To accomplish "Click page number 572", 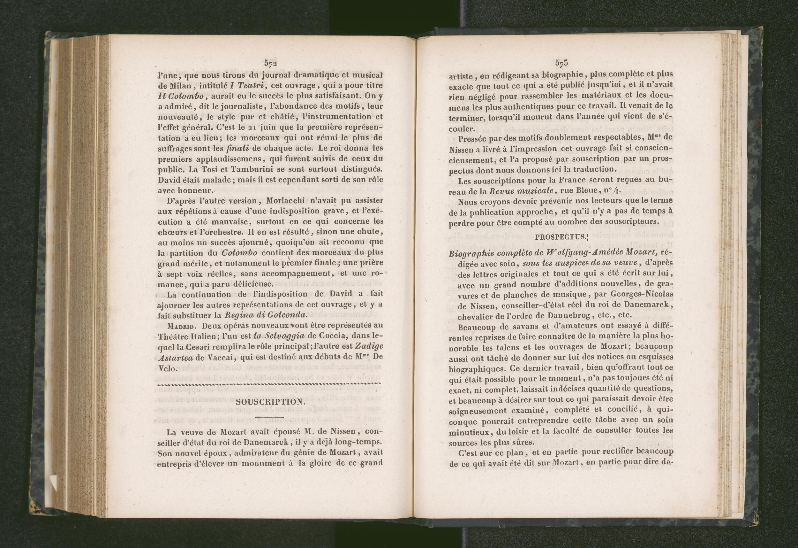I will pyautogui.click(x=270, y=63).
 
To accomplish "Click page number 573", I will pyautogui.click(x=561, y=63).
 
